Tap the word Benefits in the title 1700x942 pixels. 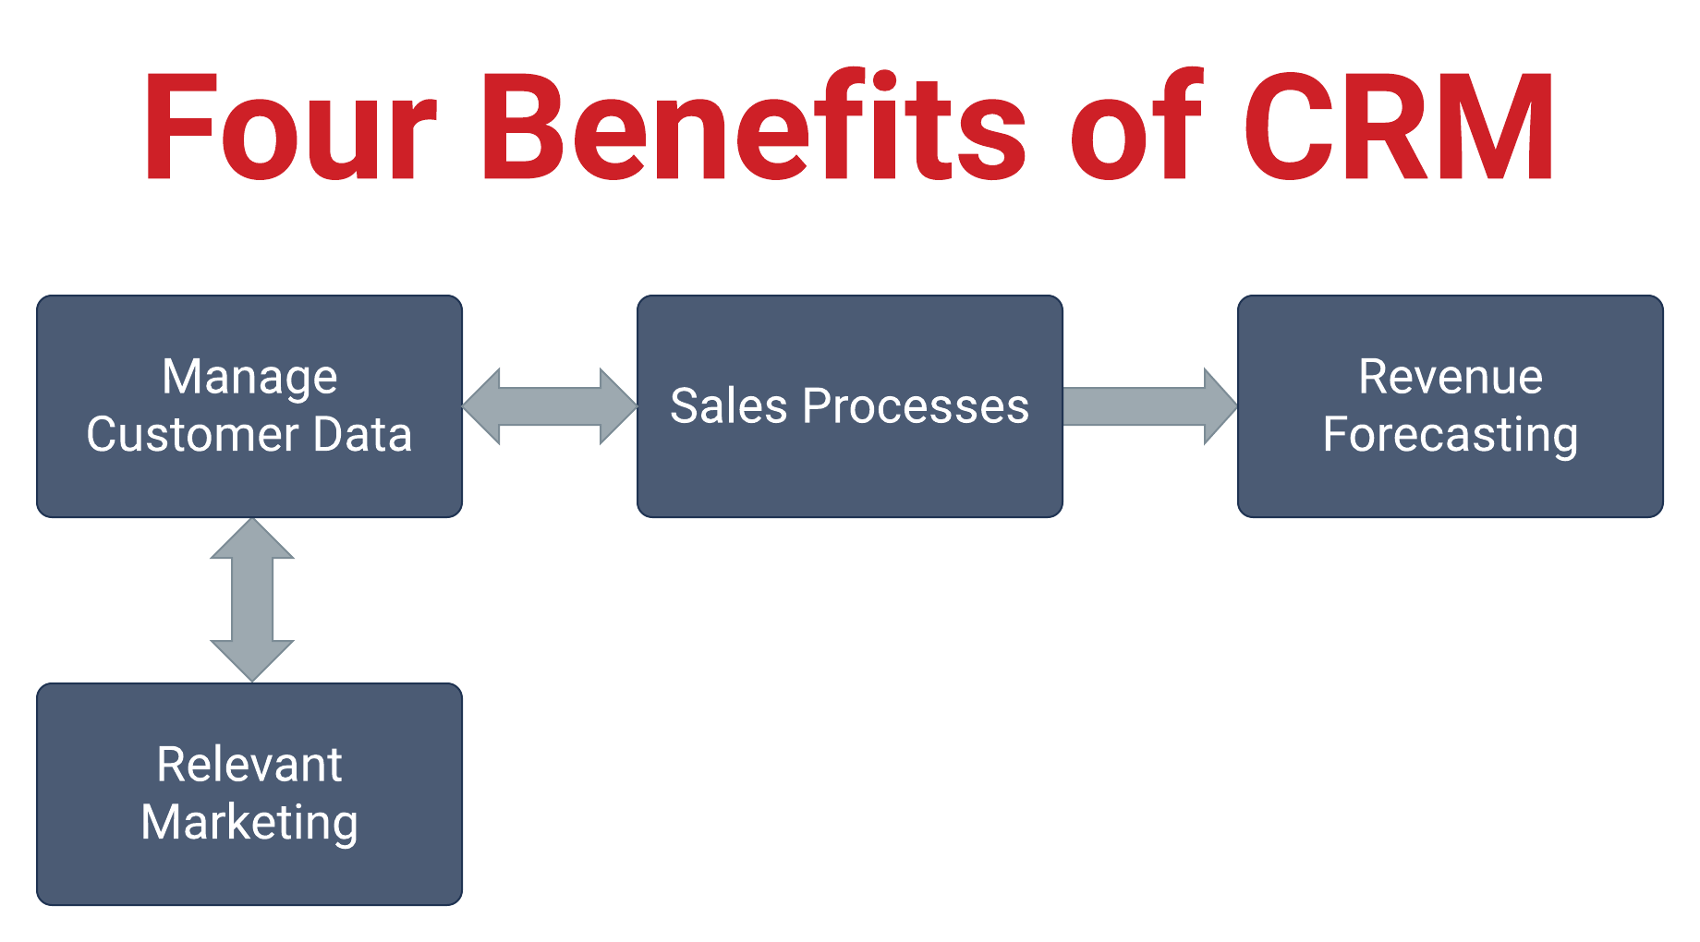753,127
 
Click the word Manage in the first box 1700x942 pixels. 249,378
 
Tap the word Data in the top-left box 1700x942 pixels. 362,434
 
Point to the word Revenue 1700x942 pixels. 1451,378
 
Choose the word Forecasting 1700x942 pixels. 1451,436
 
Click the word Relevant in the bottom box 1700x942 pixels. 249,765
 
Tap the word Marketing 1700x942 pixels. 249,823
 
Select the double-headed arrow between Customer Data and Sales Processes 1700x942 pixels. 550,406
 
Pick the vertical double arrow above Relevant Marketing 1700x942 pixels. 252,600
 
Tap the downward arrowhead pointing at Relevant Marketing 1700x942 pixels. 252,660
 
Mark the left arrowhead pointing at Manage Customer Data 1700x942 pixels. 482,406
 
